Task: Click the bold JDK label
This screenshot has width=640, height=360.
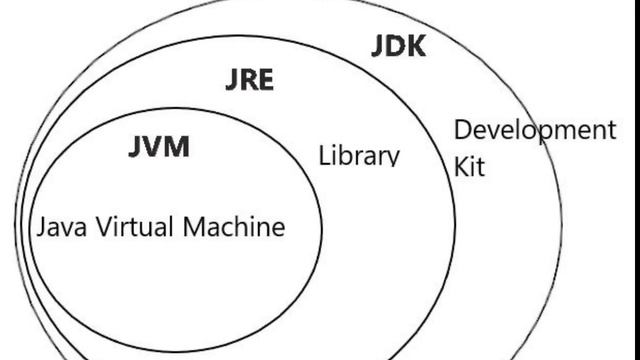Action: coord(398,45)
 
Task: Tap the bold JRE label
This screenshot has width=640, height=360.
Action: coord(248,80)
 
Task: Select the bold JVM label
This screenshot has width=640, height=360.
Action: coord(159,147)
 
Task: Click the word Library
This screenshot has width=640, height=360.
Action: coord(359,156)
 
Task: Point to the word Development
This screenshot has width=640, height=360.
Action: coord(535,130)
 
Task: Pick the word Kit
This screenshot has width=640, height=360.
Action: coord(469,166)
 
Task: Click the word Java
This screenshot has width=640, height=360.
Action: coord(59,227)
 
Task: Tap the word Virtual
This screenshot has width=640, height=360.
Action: coord(132,227)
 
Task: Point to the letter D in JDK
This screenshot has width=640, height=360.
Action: coord(396,45)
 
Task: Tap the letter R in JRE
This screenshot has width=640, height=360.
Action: coord(247,80)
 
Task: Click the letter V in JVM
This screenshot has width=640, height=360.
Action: coord(155,147)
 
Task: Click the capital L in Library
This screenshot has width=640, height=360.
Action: coord(324,156)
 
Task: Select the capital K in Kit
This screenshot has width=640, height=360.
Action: coord(462,166)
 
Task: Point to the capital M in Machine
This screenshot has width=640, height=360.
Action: coord(195,227)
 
